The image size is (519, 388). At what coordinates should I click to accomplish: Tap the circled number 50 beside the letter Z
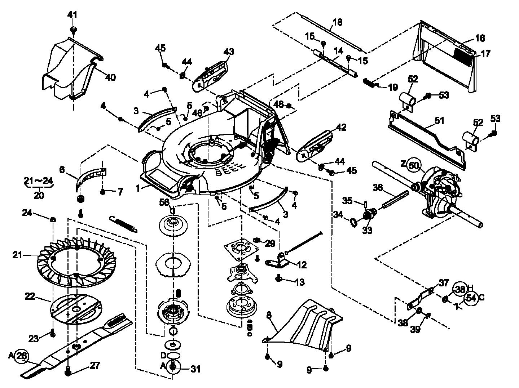[414, 165]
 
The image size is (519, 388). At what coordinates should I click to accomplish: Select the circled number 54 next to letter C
[471, 298]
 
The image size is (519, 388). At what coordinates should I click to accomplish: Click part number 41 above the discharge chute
[72, 15]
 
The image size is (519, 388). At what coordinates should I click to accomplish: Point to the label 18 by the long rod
[338, 22]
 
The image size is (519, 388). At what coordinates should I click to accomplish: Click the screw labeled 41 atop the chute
[73, 29]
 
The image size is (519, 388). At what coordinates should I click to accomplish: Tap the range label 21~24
[39, 180]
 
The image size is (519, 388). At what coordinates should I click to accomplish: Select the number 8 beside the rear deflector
[269, 315]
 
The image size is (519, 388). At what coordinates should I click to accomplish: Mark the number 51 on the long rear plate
[439, 121]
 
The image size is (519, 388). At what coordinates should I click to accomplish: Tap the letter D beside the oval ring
[163, 355]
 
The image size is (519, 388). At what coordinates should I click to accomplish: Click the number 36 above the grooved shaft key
[378, 188]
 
